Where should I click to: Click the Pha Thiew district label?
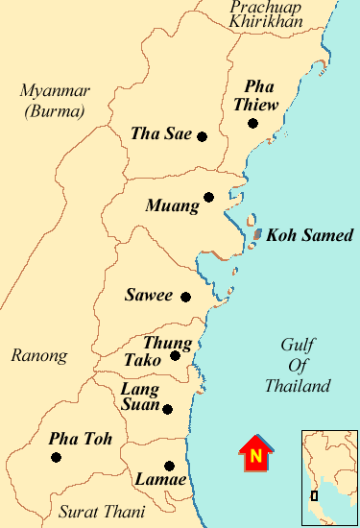click(x=259, y=94)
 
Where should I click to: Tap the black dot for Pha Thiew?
click(x=252, y=123)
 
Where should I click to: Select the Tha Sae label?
click(x=161, y=134)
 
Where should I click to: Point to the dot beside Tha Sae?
click(x=202, y=136)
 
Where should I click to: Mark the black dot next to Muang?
click(x=208, y=199)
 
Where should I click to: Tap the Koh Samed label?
click(x=310, y=234)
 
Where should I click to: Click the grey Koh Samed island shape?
click(x=257, y=233)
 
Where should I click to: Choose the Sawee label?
click(x=149, y=295)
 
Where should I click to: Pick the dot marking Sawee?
click(x=185, y=297)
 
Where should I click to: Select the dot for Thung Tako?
click(x=175, y=356)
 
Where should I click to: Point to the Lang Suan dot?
click(x=168, y=409)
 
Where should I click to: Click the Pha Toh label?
click(x=81, y=439)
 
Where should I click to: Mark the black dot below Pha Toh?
click(x=56, y=458)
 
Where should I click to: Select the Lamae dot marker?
click(x=170, y=466)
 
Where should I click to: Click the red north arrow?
click(x=256, y=454)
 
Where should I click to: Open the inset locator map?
click(x=328, y=476)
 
